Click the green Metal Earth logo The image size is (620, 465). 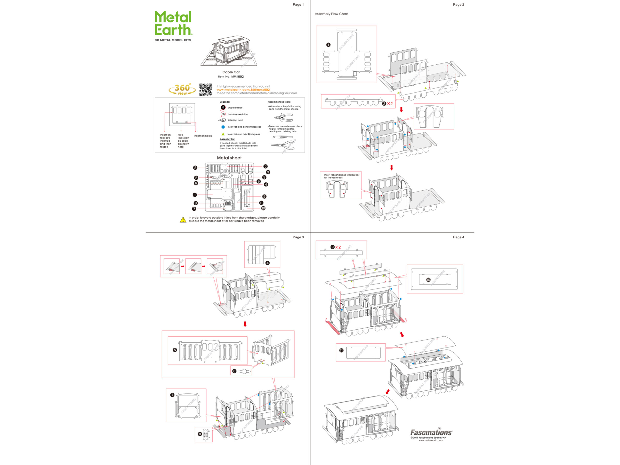(x=173, y=23)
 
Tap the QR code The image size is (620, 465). (x=205, y=90)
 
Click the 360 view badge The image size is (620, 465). (x=182, y=89)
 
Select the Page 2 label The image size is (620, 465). (x=458, y=5)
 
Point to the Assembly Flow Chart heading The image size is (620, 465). (x=331, y=14)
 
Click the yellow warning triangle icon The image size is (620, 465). (x=183, y=220)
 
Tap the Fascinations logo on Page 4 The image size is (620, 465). (x=431, y=433)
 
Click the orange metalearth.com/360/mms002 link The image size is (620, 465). (x=243, y=90)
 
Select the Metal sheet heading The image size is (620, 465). (x=229, y=158)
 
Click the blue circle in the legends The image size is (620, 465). (x=223, y=127)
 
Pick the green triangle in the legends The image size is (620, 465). (x=223, y=134)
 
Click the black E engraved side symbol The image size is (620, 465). (x=223, y=108)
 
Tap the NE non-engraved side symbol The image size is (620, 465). (x=223, y=114)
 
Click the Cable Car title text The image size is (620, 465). (x=231, y=72)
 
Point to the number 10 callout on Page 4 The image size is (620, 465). (x=428, y=280)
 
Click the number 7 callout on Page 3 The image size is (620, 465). (x=172, y=395)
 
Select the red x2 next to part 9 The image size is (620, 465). (x=338, y=247)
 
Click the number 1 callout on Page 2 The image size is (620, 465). (x=328, y=45)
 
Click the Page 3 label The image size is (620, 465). (x=298, y=237)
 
